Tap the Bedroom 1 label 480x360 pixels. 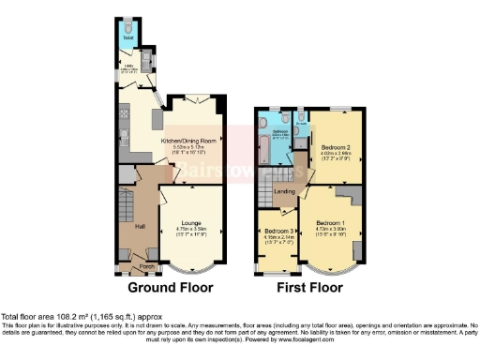[x=330, y=218]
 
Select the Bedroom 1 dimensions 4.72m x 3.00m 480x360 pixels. [x=330, y=226]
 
